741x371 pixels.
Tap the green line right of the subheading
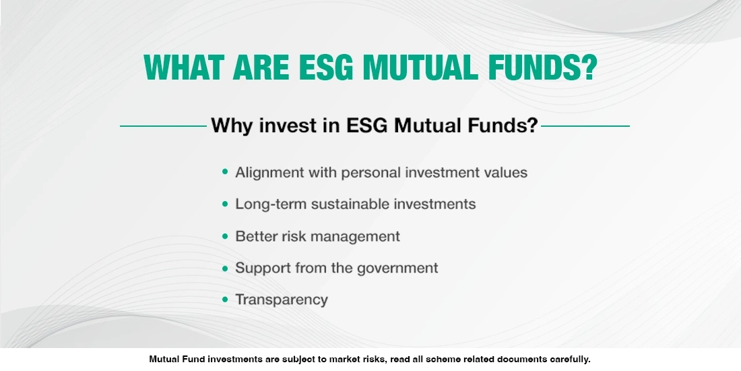click(x=585, y=125)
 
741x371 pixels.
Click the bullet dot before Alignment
click(x=225, y=172)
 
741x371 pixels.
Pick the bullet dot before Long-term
click(x=225, y=204)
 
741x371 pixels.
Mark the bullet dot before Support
click(x=225, y=268)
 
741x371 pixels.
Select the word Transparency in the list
click(x=282, y=299)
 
